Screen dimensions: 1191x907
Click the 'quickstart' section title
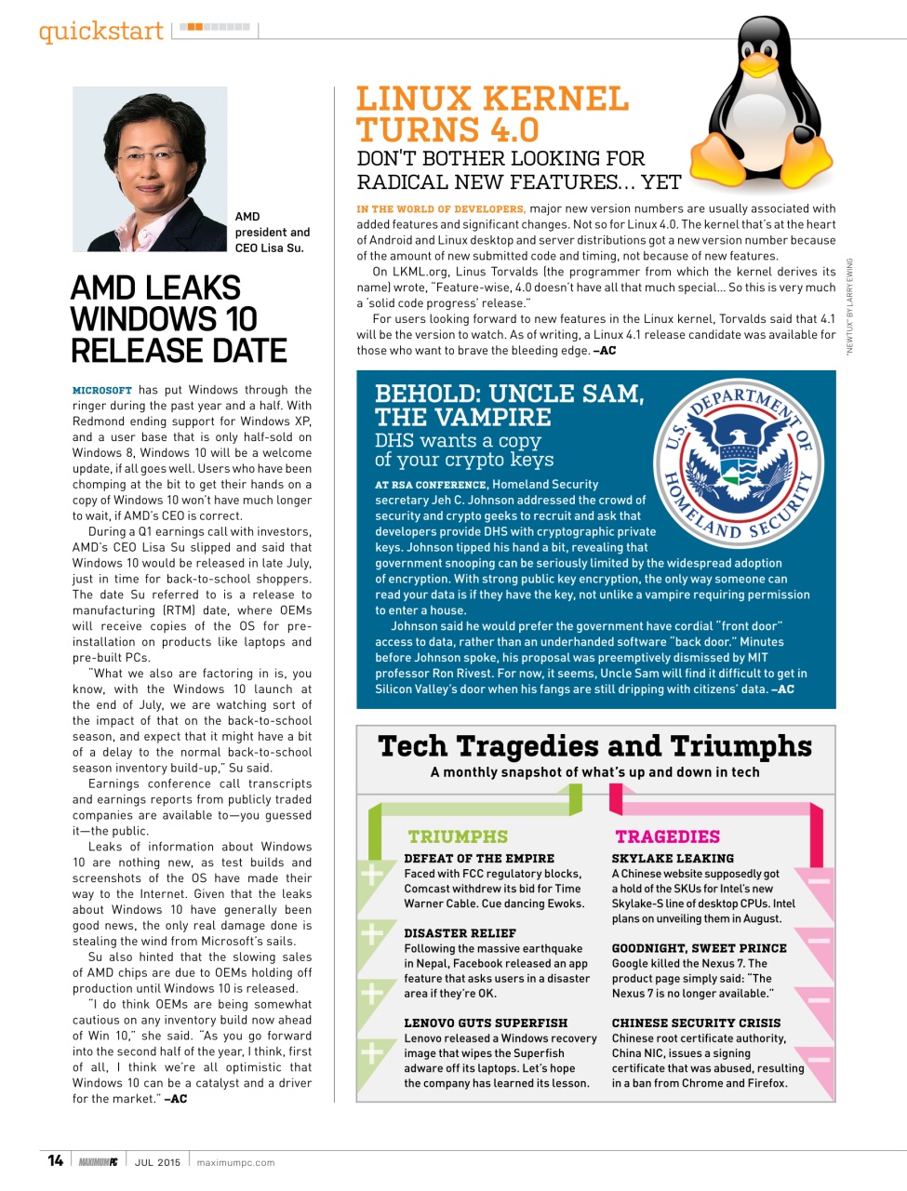click(x=100, y=31)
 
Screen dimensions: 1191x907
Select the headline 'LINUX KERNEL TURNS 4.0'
click(x=493, y=114)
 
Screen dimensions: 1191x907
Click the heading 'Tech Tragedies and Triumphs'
click(x=594, y=746)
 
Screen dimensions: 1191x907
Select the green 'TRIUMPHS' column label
click(x=458, y=836)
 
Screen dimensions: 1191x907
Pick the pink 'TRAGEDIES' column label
click(x=667, y=836)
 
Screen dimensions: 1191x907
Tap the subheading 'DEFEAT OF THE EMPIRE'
click(x=479, y=858)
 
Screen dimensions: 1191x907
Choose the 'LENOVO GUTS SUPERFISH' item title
click(x=486, y=1022)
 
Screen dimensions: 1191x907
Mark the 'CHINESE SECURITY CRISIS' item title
click(x=696, y=1022)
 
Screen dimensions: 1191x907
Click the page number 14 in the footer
click(x=56, y=1160)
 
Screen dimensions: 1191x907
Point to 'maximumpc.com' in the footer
click(x=235, y=1162)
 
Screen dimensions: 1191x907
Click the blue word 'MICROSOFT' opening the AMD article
click(x=102, y=391)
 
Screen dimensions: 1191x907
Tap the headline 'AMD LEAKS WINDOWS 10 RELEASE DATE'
click(x=179, y=319)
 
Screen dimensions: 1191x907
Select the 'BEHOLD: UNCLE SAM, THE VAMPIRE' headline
click(x=509, y=405)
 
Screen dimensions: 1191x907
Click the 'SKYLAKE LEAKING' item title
click(x=673, y=858)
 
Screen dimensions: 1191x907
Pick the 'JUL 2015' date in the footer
click(x=157, y=1162)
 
